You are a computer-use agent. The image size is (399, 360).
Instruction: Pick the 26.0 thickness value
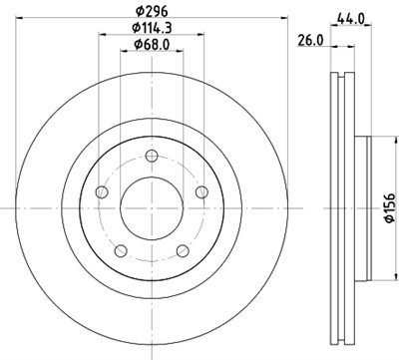(x=311, y=39)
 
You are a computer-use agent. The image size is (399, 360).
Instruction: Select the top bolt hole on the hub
(x=152, y=155)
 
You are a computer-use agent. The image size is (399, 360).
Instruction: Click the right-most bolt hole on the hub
(x=203, y=192)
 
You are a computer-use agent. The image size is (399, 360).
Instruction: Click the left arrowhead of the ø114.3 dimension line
(x=102, y=36)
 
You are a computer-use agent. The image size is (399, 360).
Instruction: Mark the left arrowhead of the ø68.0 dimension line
(x=124, y=54)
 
